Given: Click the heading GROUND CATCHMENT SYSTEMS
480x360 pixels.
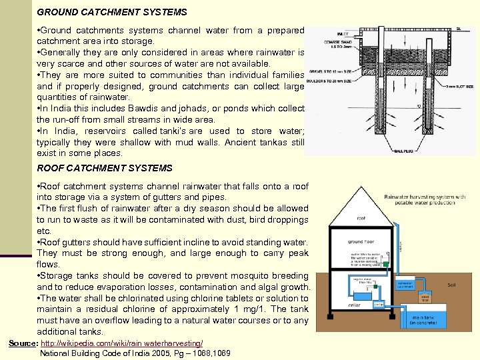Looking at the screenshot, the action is pos(112,12).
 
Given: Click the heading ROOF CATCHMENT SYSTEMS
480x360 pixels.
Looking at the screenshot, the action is pos(104,168).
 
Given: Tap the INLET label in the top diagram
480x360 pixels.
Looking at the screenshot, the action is pos(343,33).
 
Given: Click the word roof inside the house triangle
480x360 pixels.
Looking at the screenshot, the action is pos(361,217).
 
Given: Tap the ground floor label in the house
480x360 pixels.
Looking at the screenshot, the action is pos(361,243).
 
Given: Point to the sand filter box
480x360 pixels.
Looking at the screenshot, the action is pos(425,297).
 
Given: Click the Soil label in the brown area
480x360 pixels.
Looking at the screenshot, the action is pos(451,285).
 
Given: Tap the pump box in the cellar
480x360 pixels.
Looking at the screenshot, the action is pos(379,303).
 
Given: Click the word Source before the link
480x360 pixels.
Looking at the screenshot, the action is pos(22,343).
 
